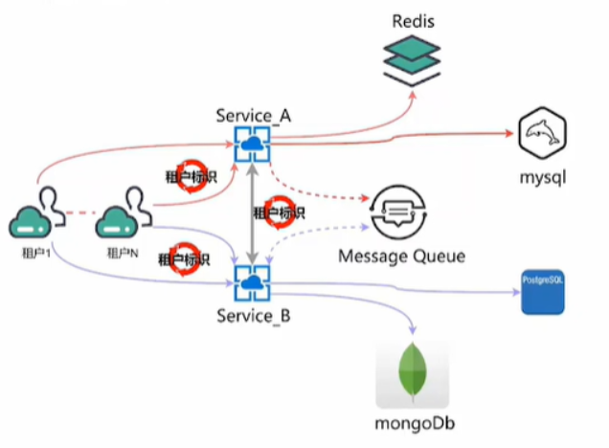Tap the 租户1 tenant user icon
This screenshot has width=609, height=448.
pyautogui.click(x=38, y=215)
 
